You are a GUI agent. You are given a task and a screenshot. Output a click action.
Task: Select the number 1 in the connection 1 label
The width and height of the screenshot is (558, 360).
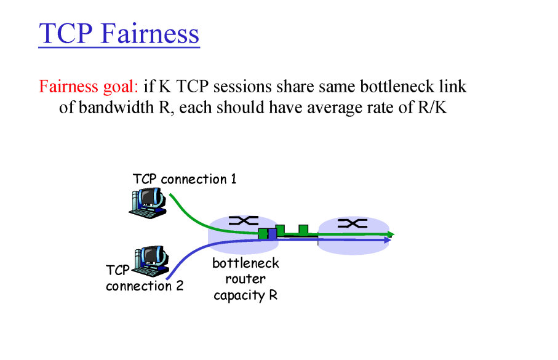click(x=233, y=179)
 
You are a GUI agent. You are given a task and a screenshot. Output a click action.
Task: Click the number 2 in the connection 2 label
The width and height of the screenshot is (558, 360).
click(x=179, y=286)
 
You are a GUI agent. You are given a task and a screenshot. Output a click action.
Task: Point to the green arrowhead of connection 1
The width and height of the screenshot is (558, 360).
click(x=391, y=234)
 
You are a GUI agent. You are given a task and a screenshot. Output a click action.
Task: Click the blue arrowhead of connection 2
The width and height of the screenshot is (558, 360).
click(x=388, y=240)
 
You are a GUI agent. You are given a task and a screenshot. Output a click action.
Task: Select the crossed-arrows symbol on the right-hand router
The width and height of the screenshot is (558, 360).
click(x=352, y=223)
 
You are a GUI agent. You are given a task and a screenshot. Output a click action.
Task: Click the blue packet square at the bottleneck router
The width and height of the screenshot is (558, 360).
click(x=272, y=234)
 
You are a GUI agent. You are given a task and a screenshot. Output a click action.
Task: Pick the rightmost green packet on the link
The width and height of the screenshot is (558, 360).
click(x=303, y=230)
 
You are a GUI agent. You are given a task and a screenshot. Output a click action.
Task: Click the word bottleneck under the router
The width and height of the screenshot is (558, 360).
click(x=245, y=264)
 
